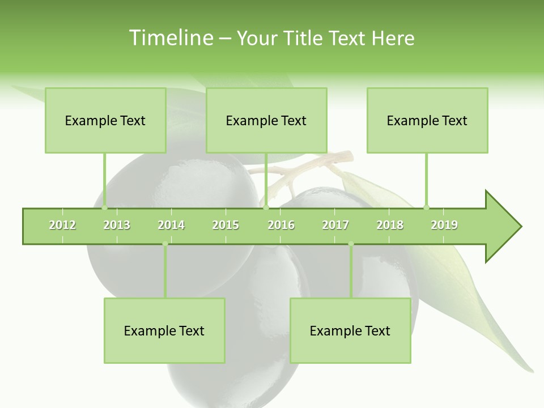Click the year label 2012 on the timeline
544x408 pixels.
(62, 225)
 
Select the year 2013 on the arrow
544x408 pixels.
(117, 225)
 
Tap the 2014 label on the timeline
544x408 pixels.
(171, 225)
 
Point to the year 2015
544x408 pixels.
(226, 225)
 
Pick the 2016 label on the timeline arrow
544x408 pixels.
(281, 225)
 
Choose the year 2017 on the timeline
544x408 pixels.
(335, 225)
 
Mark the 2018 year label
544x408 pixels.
(390, 225)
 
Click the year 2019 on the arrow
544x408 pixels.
(444, 225)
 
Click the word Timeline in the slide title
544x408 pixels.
(169, 38)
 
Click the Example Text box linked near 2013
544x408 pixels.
(105, 120)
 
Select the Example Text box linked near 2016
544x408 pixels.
(266, 120)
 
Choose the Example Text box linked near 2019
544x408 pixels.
(427, 120)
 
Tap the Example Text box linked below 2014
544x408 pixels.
(164, 330)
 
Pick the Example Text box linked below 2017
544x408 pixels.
(350, 330)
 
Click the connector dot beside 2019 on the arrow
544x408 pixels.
(426, 207)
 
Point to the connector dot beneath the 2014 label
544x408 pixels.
(165, 244)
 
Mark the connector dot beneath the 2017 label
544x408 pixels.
(351, 244)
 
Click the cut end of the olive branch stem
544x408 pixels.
(348, 155)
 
